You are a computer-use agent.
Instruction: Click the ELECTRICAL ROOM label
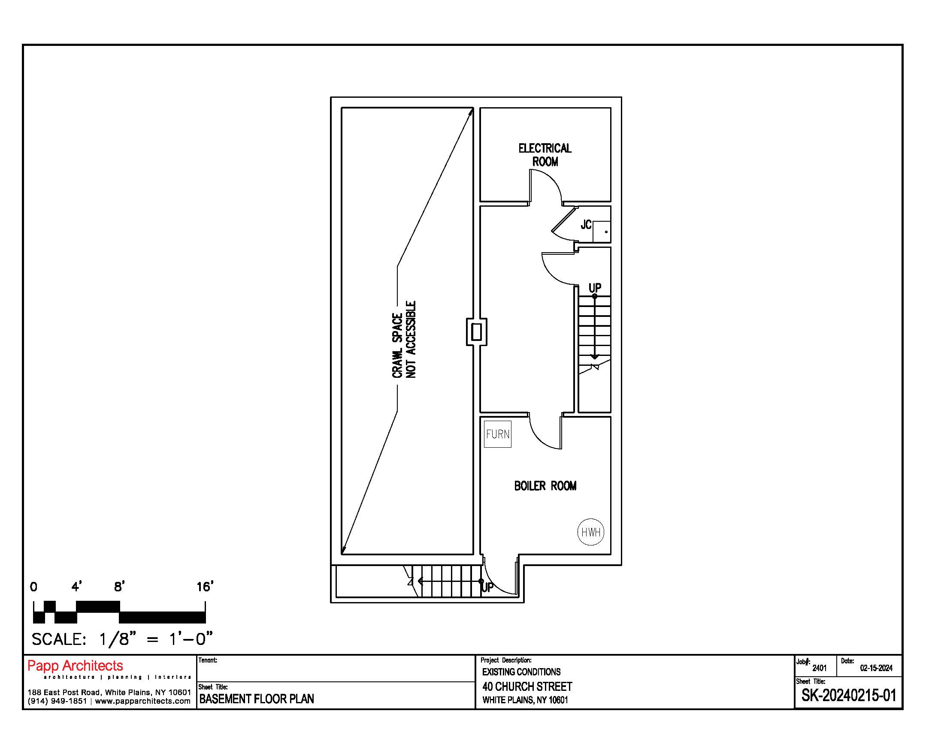tap(545, 155)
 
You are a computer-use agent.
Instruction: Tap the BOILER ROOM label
tap(545, 486)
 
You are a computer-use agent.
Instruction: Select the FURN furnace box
tap(497, 434)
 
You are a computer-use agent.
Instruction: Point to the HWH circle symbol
tap(591, 532)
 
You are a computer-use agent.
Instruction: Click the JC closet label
tap(586, 225)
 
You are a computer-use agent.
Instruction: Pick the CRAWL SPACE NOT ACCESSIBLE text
tap(404, 340)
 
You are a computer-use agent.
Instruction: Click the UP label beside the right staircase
tap(595, 288)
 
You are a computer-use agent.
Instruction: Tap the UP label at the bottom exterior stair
tap(487, 587)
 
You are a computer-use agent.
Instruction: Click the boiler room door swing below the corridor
tap(539, 440)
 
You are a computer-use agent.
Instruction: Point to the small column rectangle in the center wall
tap(476, 331)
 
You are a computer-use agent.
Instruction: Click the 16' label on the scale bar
tap(205, 587)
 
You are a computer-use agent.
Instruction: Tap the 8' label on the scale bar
tap(119, 587)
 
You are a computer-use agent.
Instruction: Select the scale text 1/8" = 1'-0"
tap(156, 639)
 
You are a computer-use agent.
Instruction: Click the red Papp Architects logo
tap(75, 666)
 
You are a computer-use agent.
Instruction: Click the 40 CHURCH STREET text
tap(527, 687)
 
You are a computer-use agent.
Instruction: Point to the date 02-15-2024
tap(876, 668)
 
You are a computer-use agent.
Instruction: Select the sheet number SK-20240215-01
tap(849, 696)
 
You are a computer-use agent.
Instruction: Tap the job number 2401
tap(820, 668)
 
